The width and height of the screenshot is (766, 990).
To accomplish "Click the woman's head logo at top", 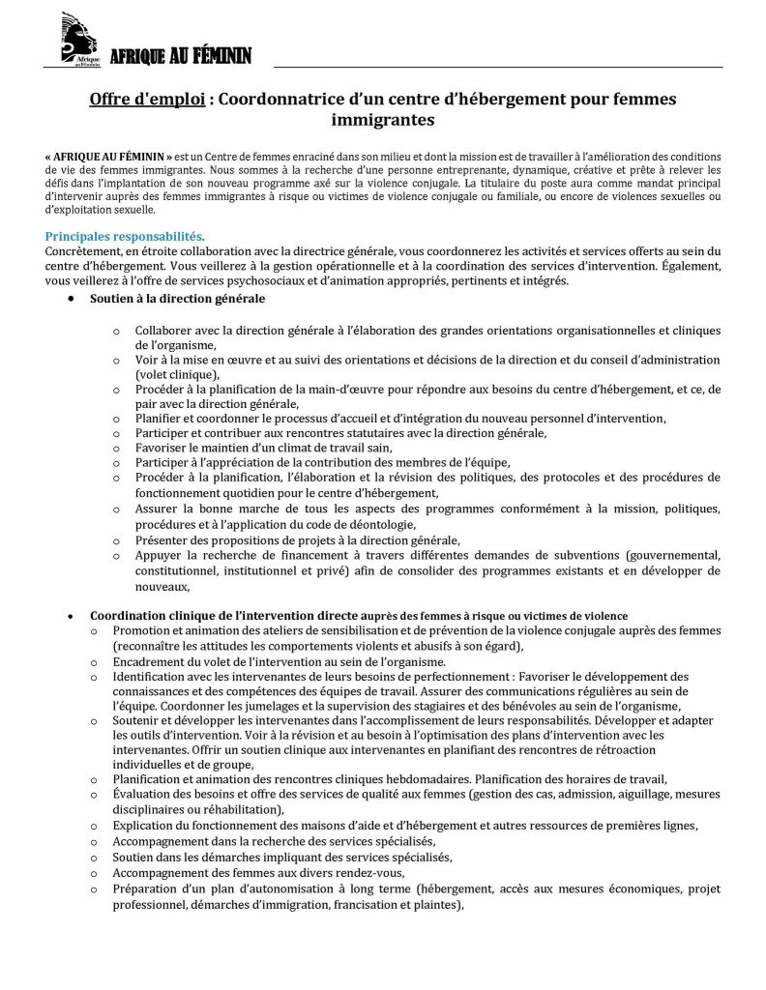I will point(78,39).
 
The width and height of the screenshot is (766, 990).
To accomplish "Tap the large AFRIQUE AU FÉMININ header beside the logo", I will point(180,57).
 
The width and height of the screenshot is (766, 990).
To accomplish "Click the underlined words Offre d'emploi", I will point(147,100).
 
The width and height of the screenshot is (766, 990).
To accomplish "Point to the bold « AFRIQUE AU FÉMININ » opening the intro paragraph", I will point(108,156).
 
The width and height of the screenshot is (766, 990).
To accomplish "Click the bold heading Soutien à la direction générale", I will point(178,299).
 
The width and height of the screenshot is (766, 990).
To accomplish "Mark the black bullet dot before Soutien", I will point(71,299).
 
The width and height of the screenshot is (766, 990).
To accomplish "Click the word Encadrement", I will point(148,662).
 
